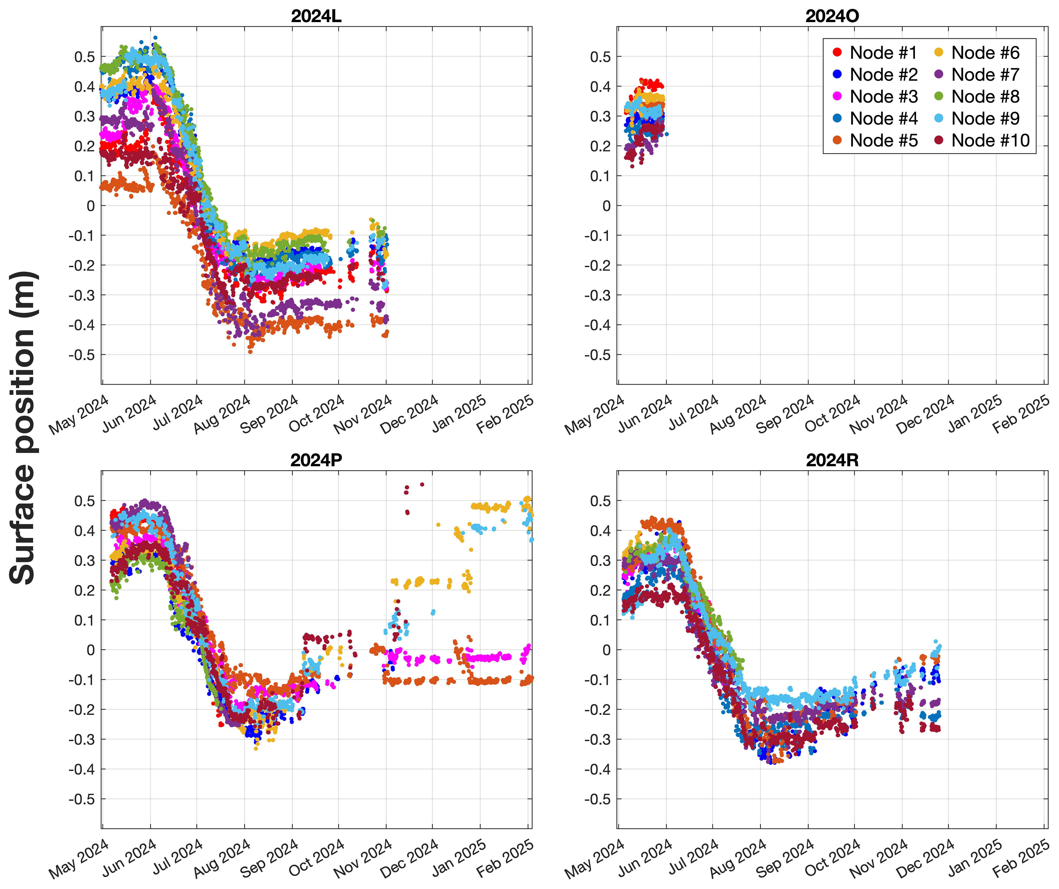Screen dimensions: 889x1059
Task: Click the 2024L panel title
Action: [x=316, y=16]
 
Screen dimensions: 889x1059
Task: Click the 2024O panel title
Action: [x=832, y=16]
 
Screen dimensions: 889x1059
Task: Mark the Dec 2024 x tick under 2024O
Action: [x=925, y=414]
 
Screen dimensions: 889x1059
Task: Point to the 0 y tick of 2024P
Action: [x=91, y=650]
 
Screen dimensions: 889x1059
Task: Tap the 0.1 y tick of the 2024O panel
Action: [x=600, y=176]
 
